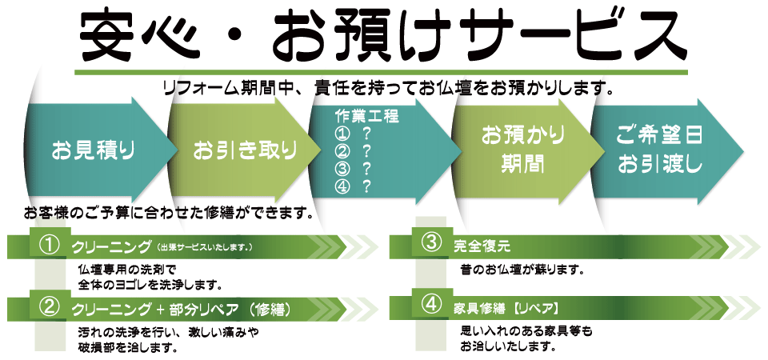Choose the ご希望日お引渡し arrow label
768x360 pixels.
tap(660, 150)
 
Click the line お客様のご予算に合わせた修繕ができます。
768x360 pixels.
tap(168, 214)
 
